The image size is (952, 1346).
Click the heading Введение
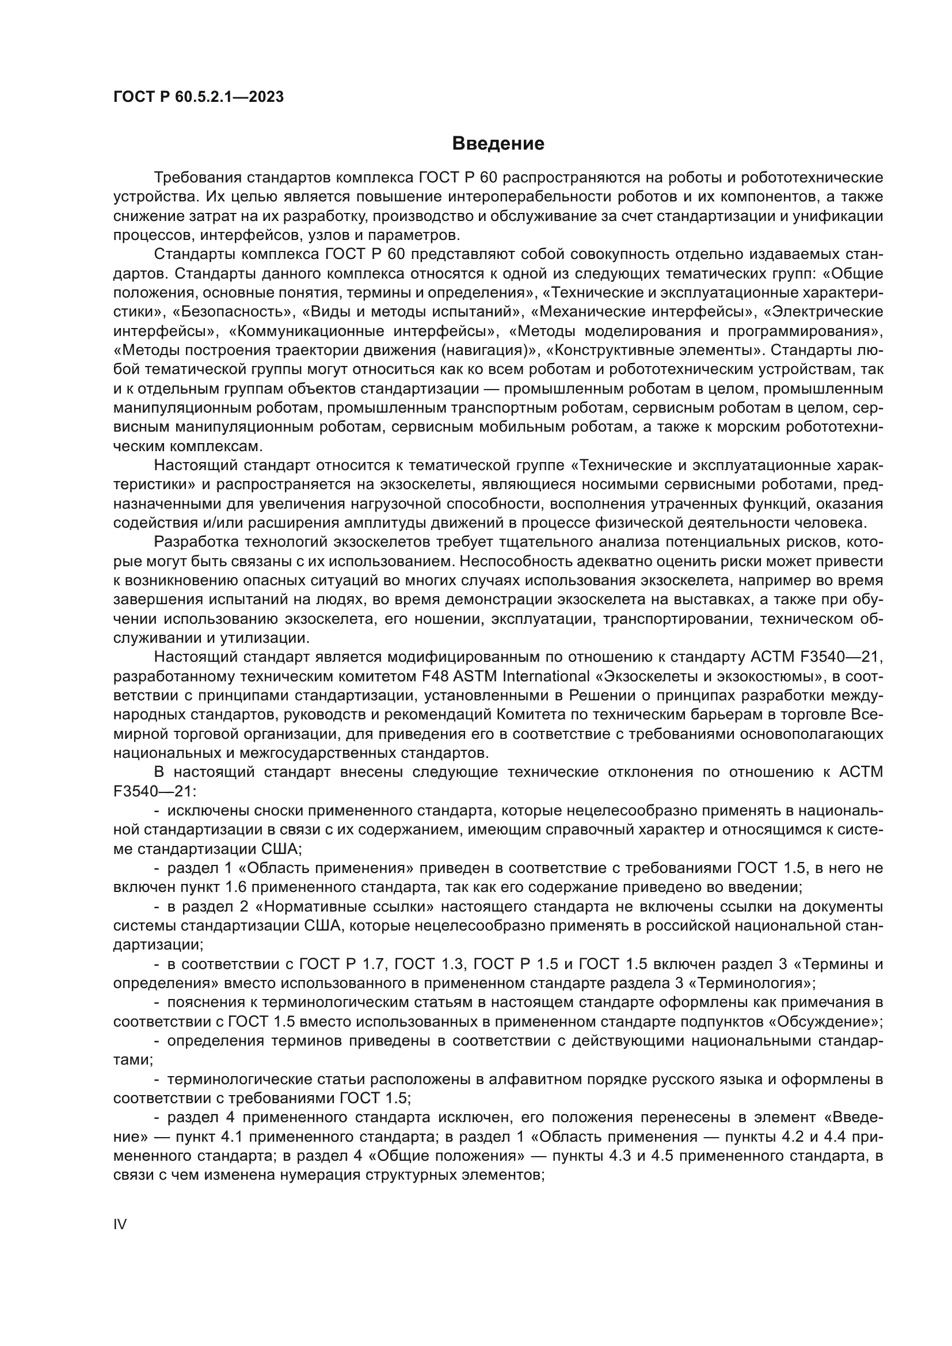[x=498, y=144]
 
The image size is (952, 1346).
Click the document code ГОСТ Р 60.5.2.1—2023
[x=198, y=97]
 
